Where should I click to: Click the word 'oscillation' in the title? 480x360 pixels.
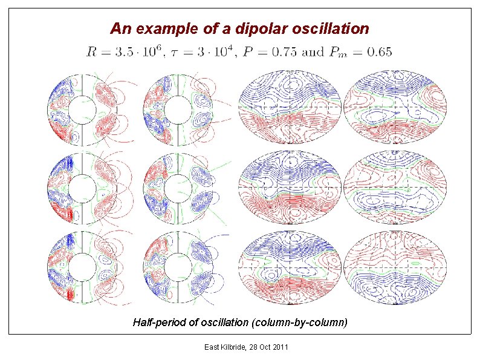pos(332,28)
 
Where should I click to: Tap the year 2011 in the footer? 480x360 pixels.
pos(279,347)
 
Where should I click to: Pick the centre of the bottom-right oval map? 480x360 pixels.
pos(395,267)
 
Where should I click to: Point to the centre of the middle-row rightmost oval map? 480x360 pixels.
pos(395,188)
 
